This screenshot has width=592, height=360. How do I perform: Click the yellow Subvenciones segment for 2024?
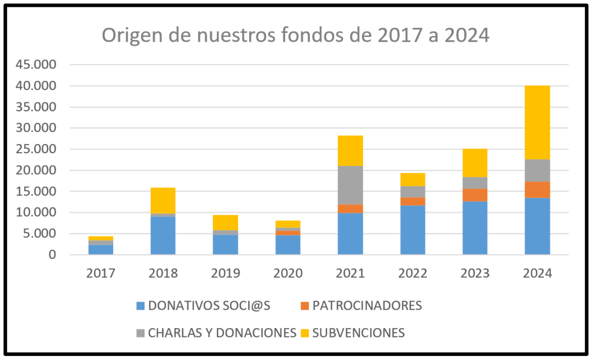tap(537, 123)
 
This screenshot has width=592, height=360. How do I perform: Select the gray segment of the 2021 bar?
tap(350, 185)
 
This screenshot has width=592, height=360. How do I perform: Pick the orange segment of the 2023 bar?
tap(475, 195)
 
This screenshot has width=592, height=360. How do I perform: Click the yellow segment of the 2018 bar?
tap(163, 201)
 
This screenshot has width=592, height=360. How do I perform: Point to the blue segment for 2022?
tap(413, 230)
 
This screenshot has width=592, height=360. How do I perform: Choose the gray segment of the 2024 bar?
tap(537, 170)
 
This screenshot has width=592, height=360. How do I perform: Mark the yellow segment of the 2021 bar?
tap(350, 150)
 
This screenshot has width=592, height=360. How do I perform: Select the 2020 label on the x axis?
tap(288, 273)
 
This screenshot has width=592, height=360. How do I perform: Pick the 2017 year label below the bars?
tap(101, 273)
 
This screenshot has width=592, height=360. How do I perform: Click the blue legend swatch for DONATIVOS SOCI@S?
tap(140, 306)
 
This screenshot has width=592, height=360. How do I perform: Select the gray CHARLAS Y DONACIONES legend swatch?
tap(140, 333)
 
